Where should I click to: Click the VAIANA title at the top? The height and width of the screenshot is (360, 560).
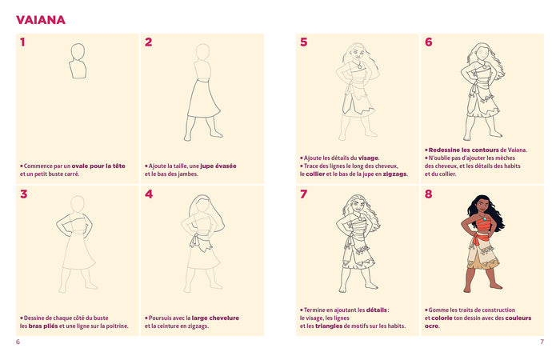coord(41,20)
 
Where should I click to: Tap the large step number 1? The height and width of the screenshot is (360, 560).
coord(22,42)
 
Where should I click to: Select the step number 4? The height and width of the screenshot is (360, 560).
coord(149,194)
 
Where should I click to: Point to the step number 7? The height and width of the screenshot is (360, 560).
coord(303,194)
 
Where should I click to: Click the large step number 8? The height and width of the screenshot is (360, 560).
coord(428,194)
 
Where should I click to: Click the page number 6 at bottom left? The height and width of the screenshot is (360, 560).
coord(18,342)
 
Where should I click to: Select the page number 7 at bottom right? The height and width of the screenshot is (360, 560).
coord(542,342)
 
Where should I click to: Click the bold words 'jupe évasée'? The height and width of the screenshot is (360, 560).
coord(218,166)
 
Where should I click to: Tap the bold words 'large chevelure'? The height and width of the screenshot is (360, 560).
coord(215,318)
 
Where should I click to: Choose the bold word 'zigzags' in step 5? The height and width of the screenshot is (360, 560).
coord(394,174)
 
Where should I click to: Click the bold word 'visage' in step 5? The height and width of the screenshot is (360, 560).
coord(368,158)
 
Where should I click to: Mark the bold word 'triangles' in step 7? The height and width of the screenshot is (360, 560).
coord(335,326)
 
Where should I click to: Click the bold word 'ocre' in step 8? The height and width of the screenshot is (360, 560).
coord(432,326)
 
